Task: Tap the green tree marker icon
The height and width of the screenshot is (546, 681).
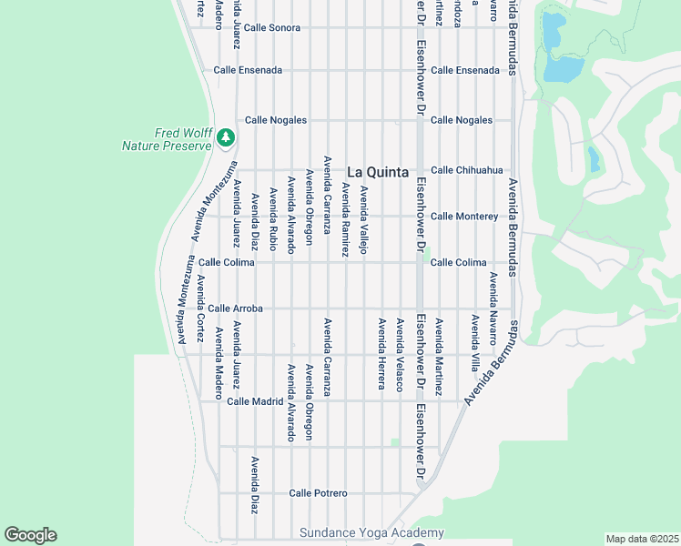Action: pyautogui.click(x=225, y=138)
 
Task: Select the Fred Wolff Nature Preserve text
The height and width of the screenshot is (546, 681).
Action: pyautogui.click(x=168, y=139)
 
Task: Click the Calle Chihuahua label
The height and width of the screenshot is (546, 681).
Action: pyautogui.click(x=466, y=170)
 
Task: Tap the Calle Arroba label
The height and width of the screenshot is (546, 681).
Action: pyautogui.click(x=235, y=308)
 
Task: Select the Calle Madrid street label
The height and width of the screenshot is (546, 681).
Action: pyautogui.click(x=256, y=401)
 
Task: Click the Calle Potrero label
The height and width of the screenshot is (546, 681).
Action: pyautogui.click(x=318, y=493)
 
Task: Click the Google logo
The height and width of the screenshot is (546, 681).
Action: pyautogui.click(x=30, y=535)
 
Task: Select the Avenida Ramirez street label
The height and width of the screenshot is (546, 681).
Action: pyautogui.click(x=345, y=219)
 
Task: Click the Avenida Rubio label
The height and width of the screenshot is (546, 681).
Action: pyautogui.click(x=272, y=218)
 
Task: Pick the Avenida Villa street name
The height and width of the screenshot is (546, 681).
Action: pyautogui.click(x=474, y=344)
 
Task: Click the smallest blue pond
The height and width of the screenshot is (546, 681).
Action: pyautogui.click(x=594, y=159)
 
